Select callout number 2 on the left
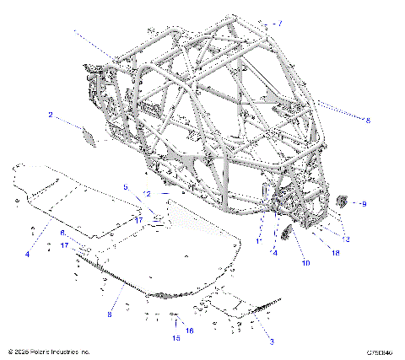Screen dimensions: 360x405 tap(51, 114)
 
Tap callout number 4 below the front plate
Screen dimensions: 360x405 tap(27, 254)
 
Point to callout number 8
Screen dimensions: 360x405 tap(109, 314)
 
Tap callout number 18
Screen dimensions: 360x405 tap(335, 251)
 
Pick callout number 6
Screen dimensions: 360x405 tap(62, 232)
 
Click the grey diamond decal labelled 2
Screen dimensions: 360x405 tap(88, 134)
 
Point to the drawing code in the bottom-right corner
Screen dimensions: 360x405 tap(381, 351)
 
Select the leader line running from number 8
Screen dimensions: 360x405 tap(119, 298)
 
